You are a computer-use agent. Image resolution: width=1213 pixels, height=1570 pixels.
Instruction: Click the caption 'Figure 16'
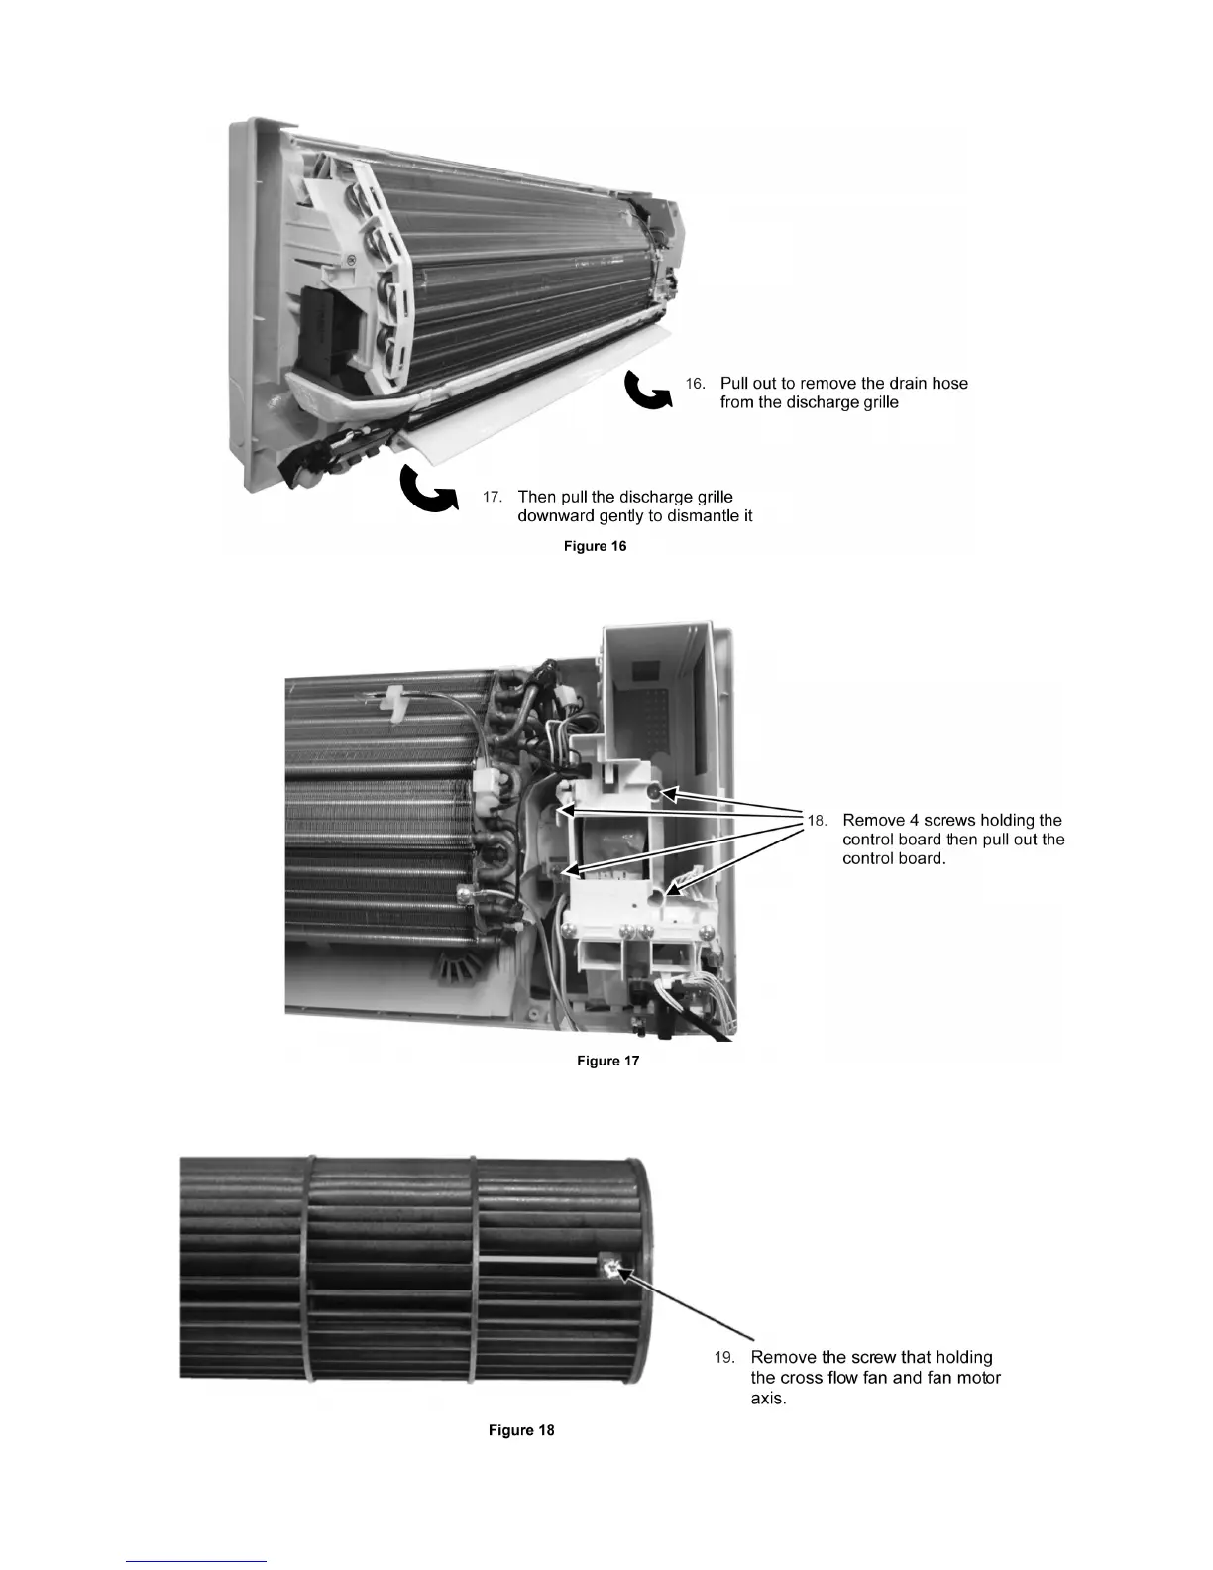coord(595,546)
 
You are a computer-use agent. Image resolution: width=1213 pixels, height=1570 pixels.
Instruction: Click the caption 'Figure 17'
coord(607,1061)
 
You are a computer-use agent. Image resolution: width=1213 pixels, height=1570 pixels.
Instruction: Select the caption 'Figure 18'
coord(521,1430)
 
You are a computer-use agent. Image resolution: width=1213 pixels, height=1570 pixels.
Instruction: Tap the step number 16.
coord(696,384)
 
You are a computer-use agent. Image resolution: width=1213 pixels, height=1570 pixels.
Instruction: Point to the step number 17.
coord(493,497)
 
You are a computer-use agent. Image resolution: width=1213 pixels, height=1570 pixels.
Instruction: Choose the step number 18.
coord(817,821)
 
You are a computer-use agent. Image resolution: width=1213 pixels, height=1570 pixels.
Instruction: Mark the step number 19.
coord(724,1358)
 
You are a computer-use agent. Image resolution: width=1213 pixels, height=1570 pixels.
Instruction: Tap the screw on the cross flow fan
coord(609,1267)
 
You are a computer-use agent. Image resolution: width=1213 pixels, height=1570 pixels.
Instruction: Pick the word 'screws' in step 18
coord(949,821)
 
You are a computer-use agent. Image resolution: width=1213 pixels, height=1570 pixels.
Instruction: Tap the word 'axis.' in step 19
coord(769,1399)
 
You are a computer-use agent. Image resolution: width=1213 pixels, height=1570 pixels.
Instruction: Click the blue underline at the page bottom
coord(197,1561)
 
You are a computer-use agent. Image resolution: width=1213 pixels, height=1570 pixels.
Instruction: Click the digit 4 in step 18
coord(913,821)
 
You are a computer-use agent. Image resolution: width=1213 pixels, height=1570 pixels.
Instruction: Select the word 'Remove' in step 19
coord(784,1358)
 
